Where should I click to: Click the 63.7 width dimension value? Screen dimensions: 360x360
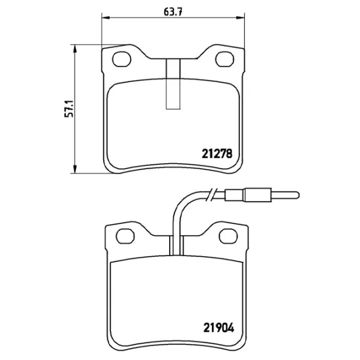[173, 11]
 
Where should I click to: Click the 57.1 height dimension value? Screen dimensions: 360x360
[69, 109]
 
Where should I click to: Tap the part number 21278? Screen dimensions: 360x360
[217, 154]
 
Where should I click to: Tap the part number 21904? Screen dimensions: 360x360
[218, 328]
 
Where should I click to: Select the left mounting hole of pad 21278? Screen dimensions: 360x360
[122, 59]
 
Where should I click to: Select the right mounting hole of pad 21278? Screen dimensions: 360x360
[225, 59]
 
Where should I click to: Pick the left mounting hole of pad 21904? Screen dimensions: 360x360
[125, 236]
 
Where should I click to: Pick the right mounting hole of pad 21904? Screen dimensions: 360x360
[228, 236]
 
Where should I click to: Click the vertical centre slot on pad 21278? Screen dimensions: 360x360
[173, 84]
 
